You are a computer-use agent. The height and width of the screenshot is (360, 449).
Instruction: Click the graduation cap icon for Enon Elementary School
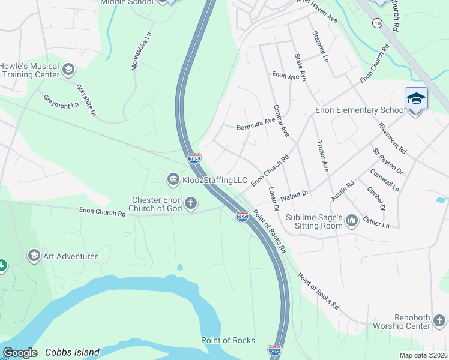click(x=416, y=98)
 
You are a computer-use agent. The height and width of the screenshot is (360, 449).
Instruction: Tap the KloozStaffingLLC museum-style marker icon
click(x=173, y=179)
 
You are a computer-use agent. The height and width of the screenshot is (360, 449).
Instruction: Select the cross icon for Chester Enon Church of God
click(x=191, y=203)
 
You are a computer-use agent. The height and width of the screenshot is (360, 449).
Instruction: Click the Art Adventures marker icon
click(x=34, y=256)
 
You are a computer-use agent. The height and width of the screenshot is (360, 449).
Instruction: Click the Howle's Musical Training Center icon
click(x=68, y=70)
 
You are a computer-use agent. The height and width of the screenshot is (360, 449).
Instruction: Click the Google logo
click(x=20, y=353)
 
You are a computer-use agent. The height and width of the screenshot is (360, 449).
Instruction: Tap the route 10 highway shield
click(x=376, y=23)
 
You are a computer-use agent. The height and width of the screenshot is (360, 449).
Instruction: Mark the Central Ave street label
click(x=281, y=121)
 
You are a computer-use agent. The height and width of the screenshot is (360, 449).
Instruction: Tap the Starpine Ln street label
click(x=320, y=47)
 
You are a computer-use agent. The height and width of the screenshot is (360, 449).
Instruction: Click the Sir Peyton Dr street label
click(x=388, y=160)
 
